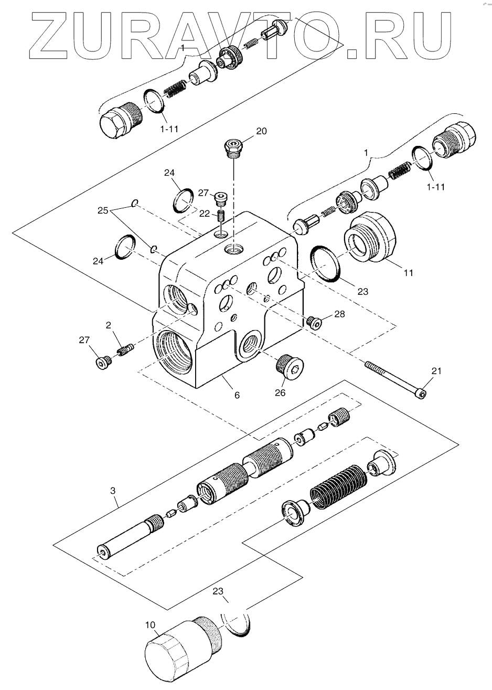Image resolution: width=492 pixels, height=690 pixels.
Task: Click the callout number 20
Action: (261, 131)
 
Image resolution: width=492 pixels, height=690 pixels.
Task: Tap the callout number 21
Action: (436, 371)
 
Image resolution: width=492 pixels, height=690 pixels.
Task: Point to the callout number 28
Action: (339, 314)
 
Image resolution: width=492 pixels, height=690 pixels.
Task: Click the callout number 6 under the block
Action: (237, 395)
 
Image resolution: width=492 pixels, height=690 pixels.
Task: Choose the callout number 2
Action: (108, 325)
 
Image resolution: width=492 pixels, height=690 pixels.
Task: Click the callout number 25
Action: (103, 211)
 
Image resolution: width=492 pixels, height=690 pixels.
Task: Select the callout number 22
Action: (204, 214)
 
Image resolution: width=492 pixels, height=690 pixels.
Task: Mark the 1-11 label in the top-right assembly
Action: (436, 186)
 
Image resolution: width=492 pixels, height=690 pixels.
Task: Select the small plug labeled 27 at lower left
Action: (103, 363)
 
